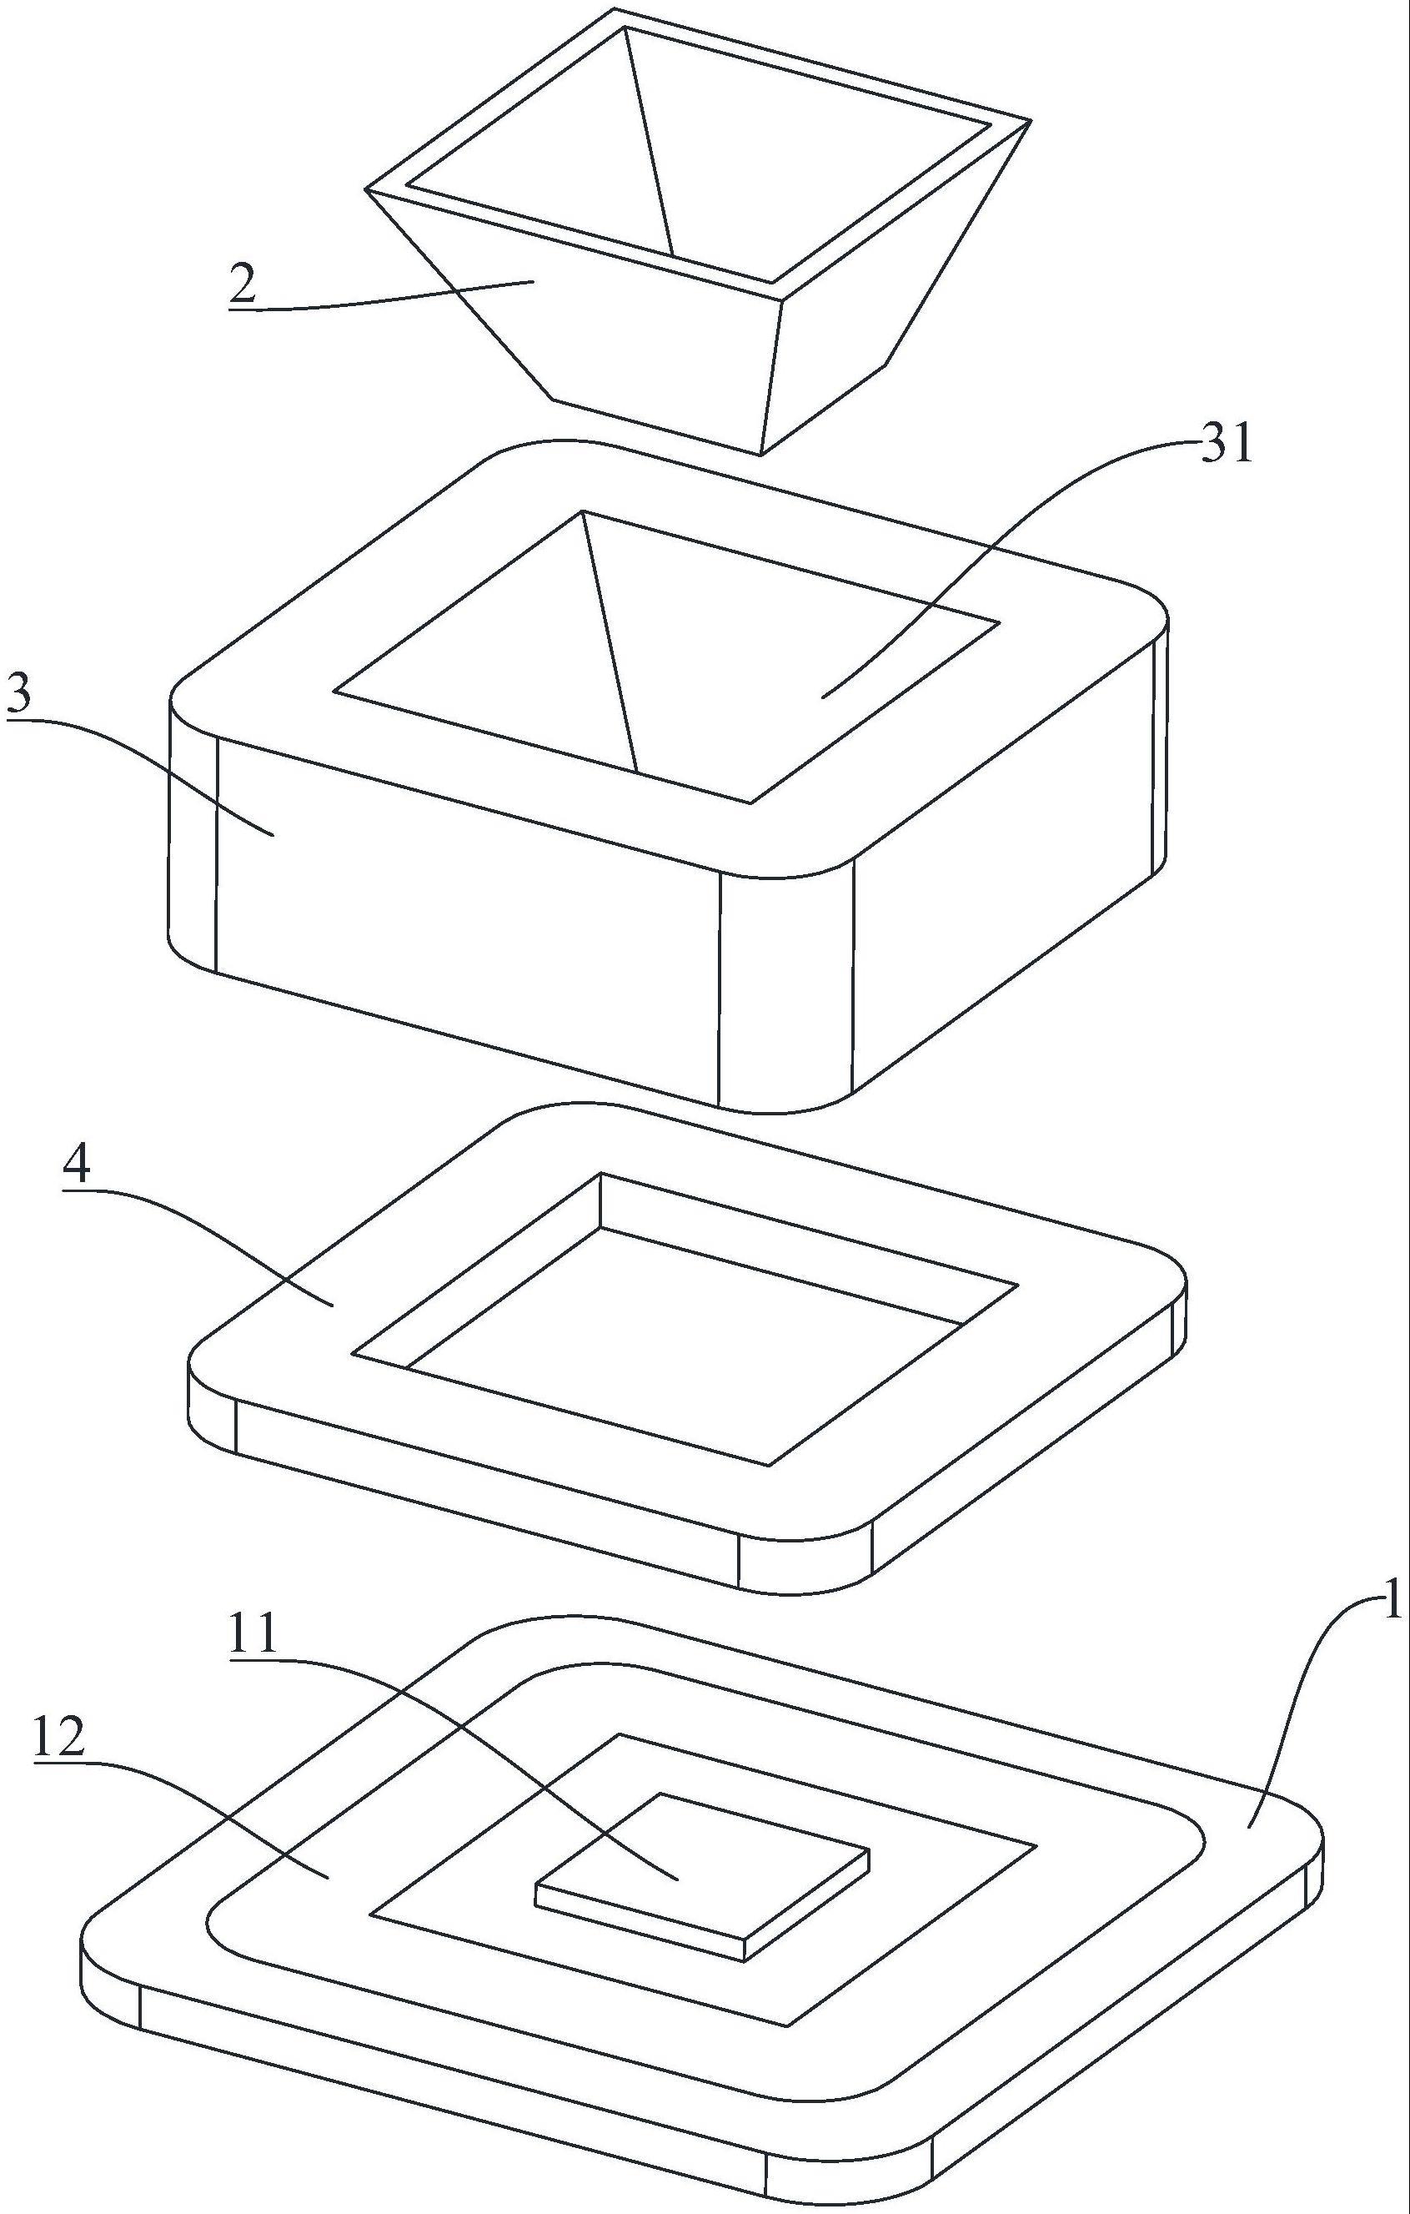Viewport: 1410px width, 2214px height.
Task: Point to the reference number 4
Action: pos(78,1167)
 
